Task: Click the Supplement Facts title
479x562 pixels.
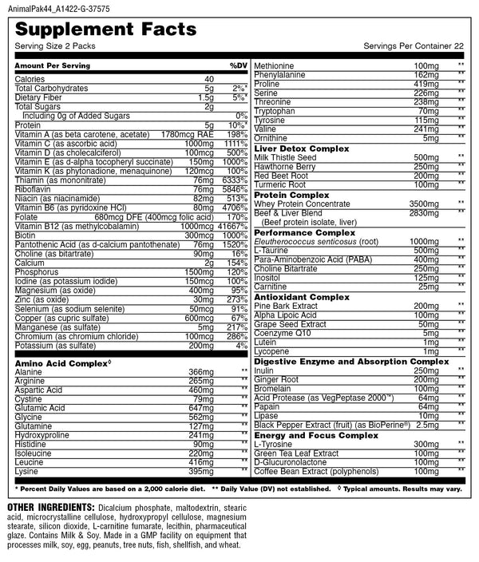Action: click(x=105, y=30)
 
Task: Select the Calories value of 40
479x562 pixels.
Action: click(x=209, y=79)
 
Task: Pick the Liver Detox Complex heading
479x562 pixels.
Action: click(x=303, y=149)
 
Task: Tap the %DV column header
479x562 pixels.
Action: click(x=239, y=64)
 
